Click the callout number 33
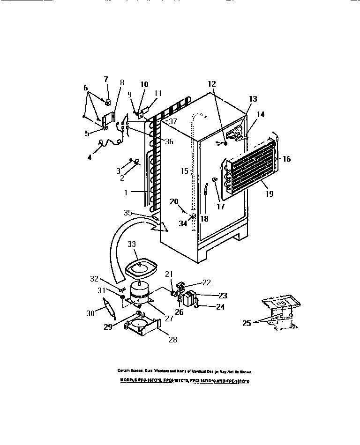tap(133, 244)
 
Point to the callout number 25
tap(246, 323)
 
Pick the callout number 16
tap(286, 159)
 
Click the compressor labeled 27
tap(140, 292)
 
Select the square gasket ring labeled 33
tap(141, 267)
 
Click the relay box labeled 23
tap(190, 298)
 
